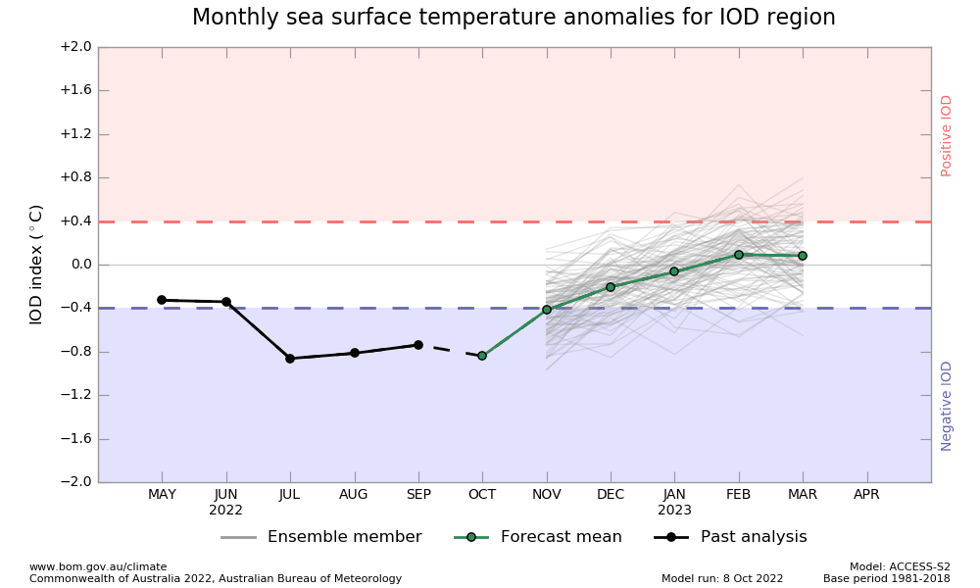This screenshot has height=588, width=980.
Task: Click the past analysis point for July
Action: click(290, 359)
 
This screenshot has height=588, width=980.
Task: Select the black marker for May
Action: click(162, 300)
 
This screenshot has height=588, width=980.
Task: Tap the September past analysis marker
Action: click(418, 345)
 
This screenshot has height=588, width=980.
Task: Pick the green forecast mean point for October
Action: click(482, 356)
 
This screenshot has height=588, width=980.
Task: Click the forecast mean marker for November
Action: click(547, 310)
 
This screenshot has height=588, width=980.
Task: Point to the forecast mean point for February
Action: click(739, 255)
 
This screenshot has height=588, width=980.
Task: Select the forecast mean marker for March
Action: click(803, 256)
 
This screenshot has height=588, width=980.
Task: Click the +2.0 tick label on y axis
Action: click(75, 47)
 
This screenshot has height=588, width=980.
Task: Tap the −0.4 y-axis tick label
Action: click(75, 308)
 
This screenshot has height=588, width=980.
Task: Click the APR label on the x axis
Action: click(866, 495)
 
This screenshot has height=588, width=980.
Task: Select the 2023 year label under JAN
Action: click(674, 511)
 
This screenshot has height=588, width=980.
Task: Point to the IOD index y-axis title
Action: click(36, 265)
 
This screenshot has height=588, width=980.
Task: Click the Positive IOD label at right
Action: click(947, 135)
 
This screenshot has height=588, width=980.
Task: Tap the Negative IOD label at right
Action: click(947, 406)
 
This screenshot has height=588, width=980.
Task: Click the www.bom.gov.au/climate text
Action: click(98, 566)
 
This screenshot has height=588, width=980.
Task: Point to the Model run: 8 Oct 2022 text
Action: click(722, 579)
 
